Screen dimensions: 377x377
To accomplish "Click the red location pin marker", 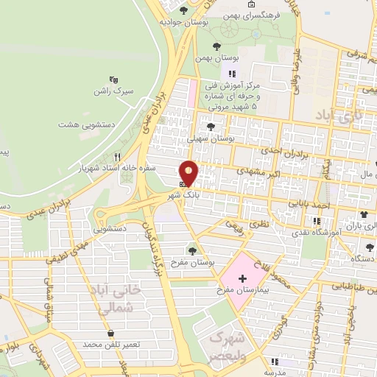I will (189, 172).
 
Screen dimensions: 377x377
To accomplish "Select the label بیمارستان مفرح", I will (242, 292).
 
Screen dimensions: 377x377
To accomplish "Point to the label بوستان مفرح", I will (192, 263).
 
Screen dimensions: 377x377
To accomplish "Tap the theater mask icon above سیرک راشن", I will (113, 79).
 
